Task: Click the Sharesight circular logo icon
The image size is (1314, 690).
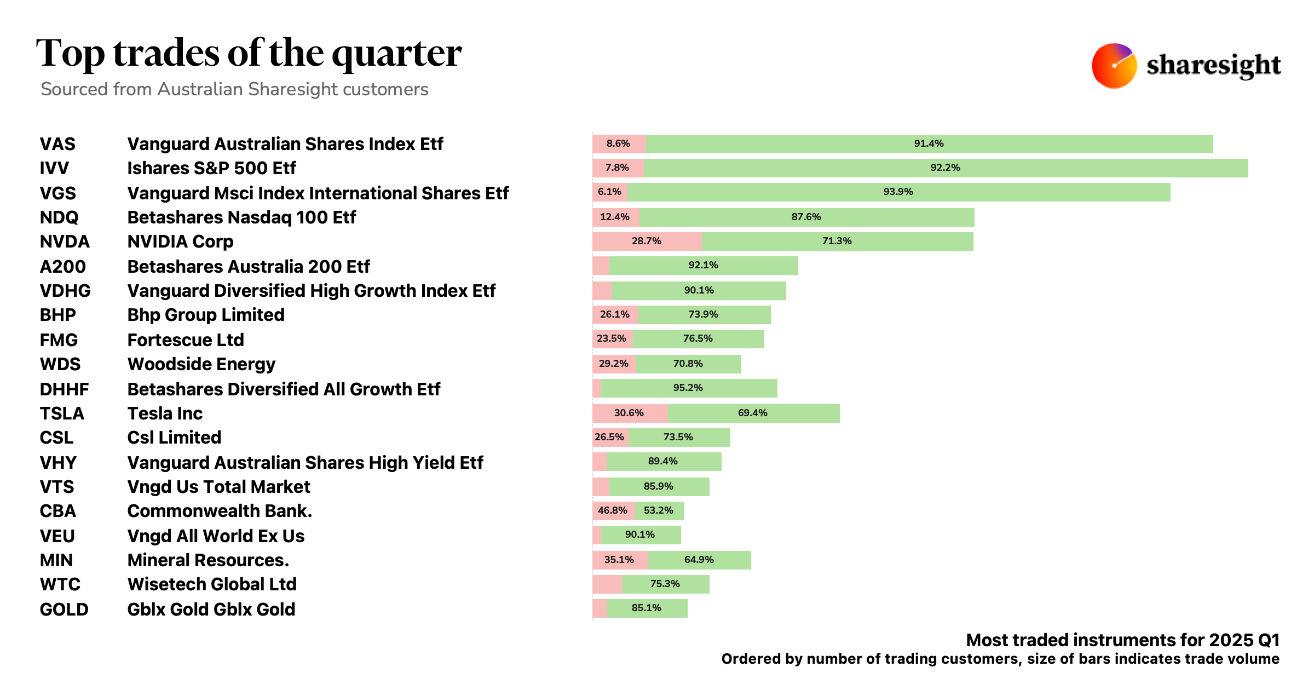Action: (1114, 66)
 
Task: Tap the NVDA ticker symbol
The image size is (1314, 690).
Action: (65, 242)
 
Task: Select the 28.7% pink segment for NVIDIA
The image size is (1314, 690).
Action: (647, 242)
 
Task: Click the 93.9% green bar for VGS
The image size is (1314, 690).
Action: (898, 192)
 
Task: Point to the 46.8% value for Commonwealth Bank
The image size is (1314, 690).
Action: (612, 511)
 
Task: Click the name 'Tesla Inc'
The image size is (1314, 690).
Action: (165, 413)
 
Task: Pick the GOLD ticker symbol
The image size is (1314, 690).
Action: (64, 610)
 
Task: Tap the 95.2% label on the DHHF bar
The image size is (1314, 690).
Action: (688, 388)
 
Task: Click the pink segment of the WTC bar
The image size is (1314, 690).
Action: (607, 584)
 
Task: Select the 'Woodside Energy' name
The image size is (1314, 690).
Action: (201, 364)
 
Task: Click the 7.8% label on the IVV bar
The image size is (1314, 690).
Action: (617, 168)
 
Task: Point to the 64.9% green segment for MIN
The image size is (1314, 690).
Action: (699, 560)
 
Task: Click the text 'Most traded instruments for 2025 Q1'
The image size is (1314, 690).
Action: (1122, 640)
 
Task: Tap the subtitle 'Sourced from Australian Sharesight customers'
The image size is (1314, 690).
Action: (234, 89)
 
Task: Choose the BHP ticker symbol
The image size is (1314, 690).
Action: (57, 315)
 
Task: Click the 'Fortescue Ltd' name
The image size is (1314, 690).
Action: (186, 340)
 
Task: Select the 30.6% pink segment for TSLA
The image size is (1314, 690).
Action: (629, 413)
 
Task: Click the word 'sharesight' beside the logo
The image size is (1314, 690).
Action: (1213, 66)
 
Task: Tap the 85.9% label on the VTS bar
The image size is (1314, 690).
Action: (658, 487)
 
